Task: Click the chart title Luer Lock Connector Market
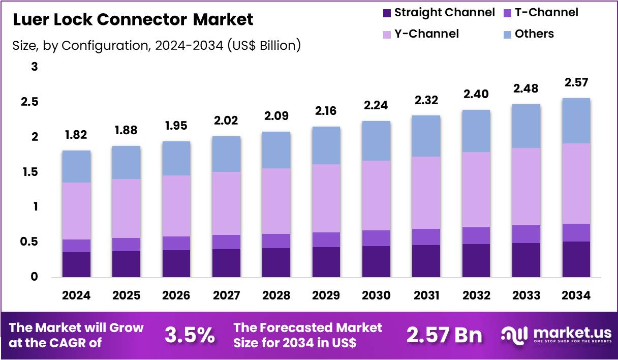[133, 20]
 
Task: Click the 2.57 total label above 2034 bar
[576, 82]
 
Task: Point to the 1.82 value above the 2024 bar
[76, 135]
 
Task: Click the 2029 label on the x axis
[326, 295]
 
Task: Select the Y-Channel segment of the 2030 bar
[376, 195]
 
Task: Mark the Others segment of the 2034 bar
[576, 121]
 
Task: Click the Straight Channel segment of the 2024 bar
[76, 264]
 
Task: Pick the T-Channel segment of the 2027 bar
[226, 242]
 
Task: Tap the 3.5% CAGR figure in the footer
[190, 335]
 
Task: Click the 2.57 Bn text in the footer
[444, 335]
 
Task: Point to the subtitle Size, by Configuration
[157, 46]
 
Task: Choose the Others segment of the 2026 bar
[176, 158]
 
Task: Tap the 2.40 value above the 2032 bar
[476, 94]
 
